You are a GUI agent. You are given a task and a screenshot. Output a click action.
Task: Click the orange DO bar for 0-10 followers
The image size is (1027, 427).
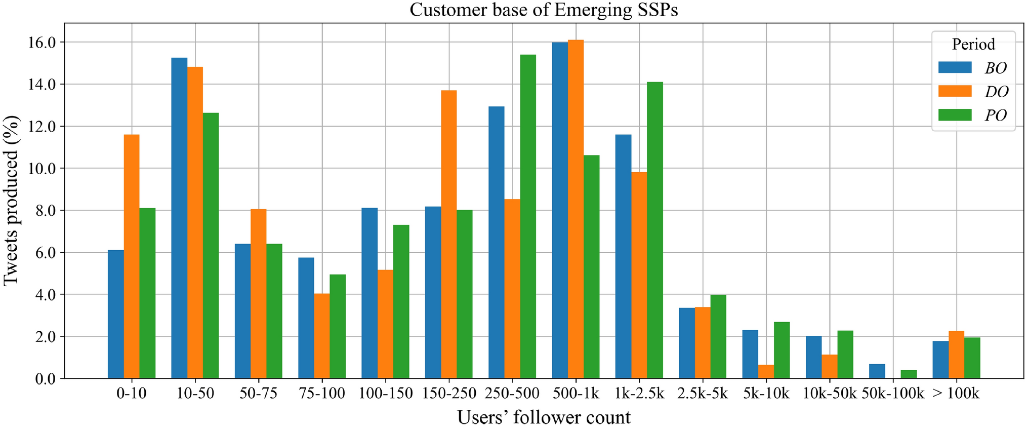[132, 256]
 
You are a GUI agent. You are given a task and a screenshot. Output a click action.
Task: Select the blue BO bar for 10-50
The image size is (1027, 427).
[179, 218]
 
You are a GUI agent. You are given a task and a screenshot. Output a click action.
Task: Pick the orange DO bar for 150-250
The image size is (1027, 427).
[448, 235]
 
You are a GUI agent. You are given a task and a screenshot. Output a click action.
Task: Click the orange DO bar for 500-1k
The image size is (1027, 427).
[576, 209]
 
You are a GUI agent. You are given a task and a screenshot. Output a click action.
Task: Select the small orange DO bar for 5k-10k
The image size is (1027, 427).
[766, 371]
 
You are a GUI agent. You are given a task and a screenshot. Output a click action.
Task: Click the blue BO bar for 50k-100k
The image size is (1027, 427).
[877, 371]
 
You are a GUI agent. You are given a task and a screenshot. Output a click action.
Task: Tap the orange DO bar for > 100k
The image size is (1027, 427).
[956, 355]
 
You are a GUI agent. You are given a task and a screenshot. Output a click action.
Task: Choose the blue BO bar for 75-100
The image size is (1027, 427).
[306, 318]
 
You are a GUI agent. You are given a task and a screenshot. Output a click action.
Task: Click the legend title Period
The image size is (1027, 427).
[973, 45]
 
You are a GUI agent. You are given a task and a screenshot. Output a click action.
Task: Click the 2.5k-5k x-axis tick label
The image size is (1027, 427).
[703, 393]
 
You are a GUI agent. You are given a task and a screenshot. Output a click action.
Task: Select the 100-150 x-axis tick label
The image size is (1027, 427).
[386, 393]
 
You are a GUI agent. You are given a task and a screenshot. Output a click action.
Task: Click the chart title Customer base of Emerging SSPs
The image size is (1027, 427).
[544, 10]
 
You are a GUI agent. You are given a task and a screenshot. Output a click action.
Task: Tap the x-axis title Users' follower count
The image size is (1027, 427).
[544, 417]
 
